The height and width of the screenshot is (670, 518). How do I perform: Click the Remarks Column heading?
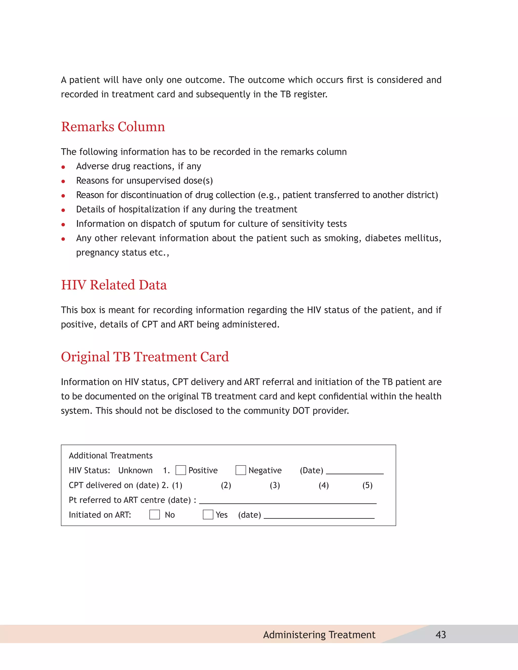(113, 127)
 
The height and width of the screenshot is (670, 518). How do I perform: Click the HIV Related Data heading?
(114, 285)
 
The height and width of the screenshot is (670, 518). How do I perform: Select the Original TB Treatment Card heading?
(145, 356)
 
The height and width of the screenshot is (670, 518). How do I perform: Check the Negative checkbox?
(241, 470)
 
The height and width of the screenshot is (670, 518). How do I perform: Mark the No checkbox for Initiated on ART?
(154, 515)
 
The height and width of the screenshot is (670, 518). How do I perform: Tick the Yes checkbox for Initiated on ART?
(208, 515)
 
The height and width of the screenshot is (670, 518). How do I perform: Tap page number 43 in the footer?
(441, 634)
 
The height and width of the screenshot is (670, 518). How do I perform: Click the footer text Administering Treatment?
(319, 634)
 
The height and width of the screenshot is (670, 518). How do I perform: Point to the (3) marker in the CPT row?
(275, 485)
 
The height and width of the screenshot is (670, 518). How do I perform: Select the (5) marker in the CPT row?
(367, 485)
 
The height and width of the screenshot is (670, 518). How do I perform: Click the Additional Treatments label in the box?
(111, 456)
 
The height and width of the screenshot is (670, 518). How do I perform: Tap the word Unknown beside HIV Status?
(135, 470)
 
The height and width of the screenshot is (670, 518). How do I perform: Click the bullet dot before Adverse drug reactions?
(63, 167)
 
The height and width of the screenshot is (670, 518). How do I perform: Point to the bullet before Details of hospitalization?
(63, 210)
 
